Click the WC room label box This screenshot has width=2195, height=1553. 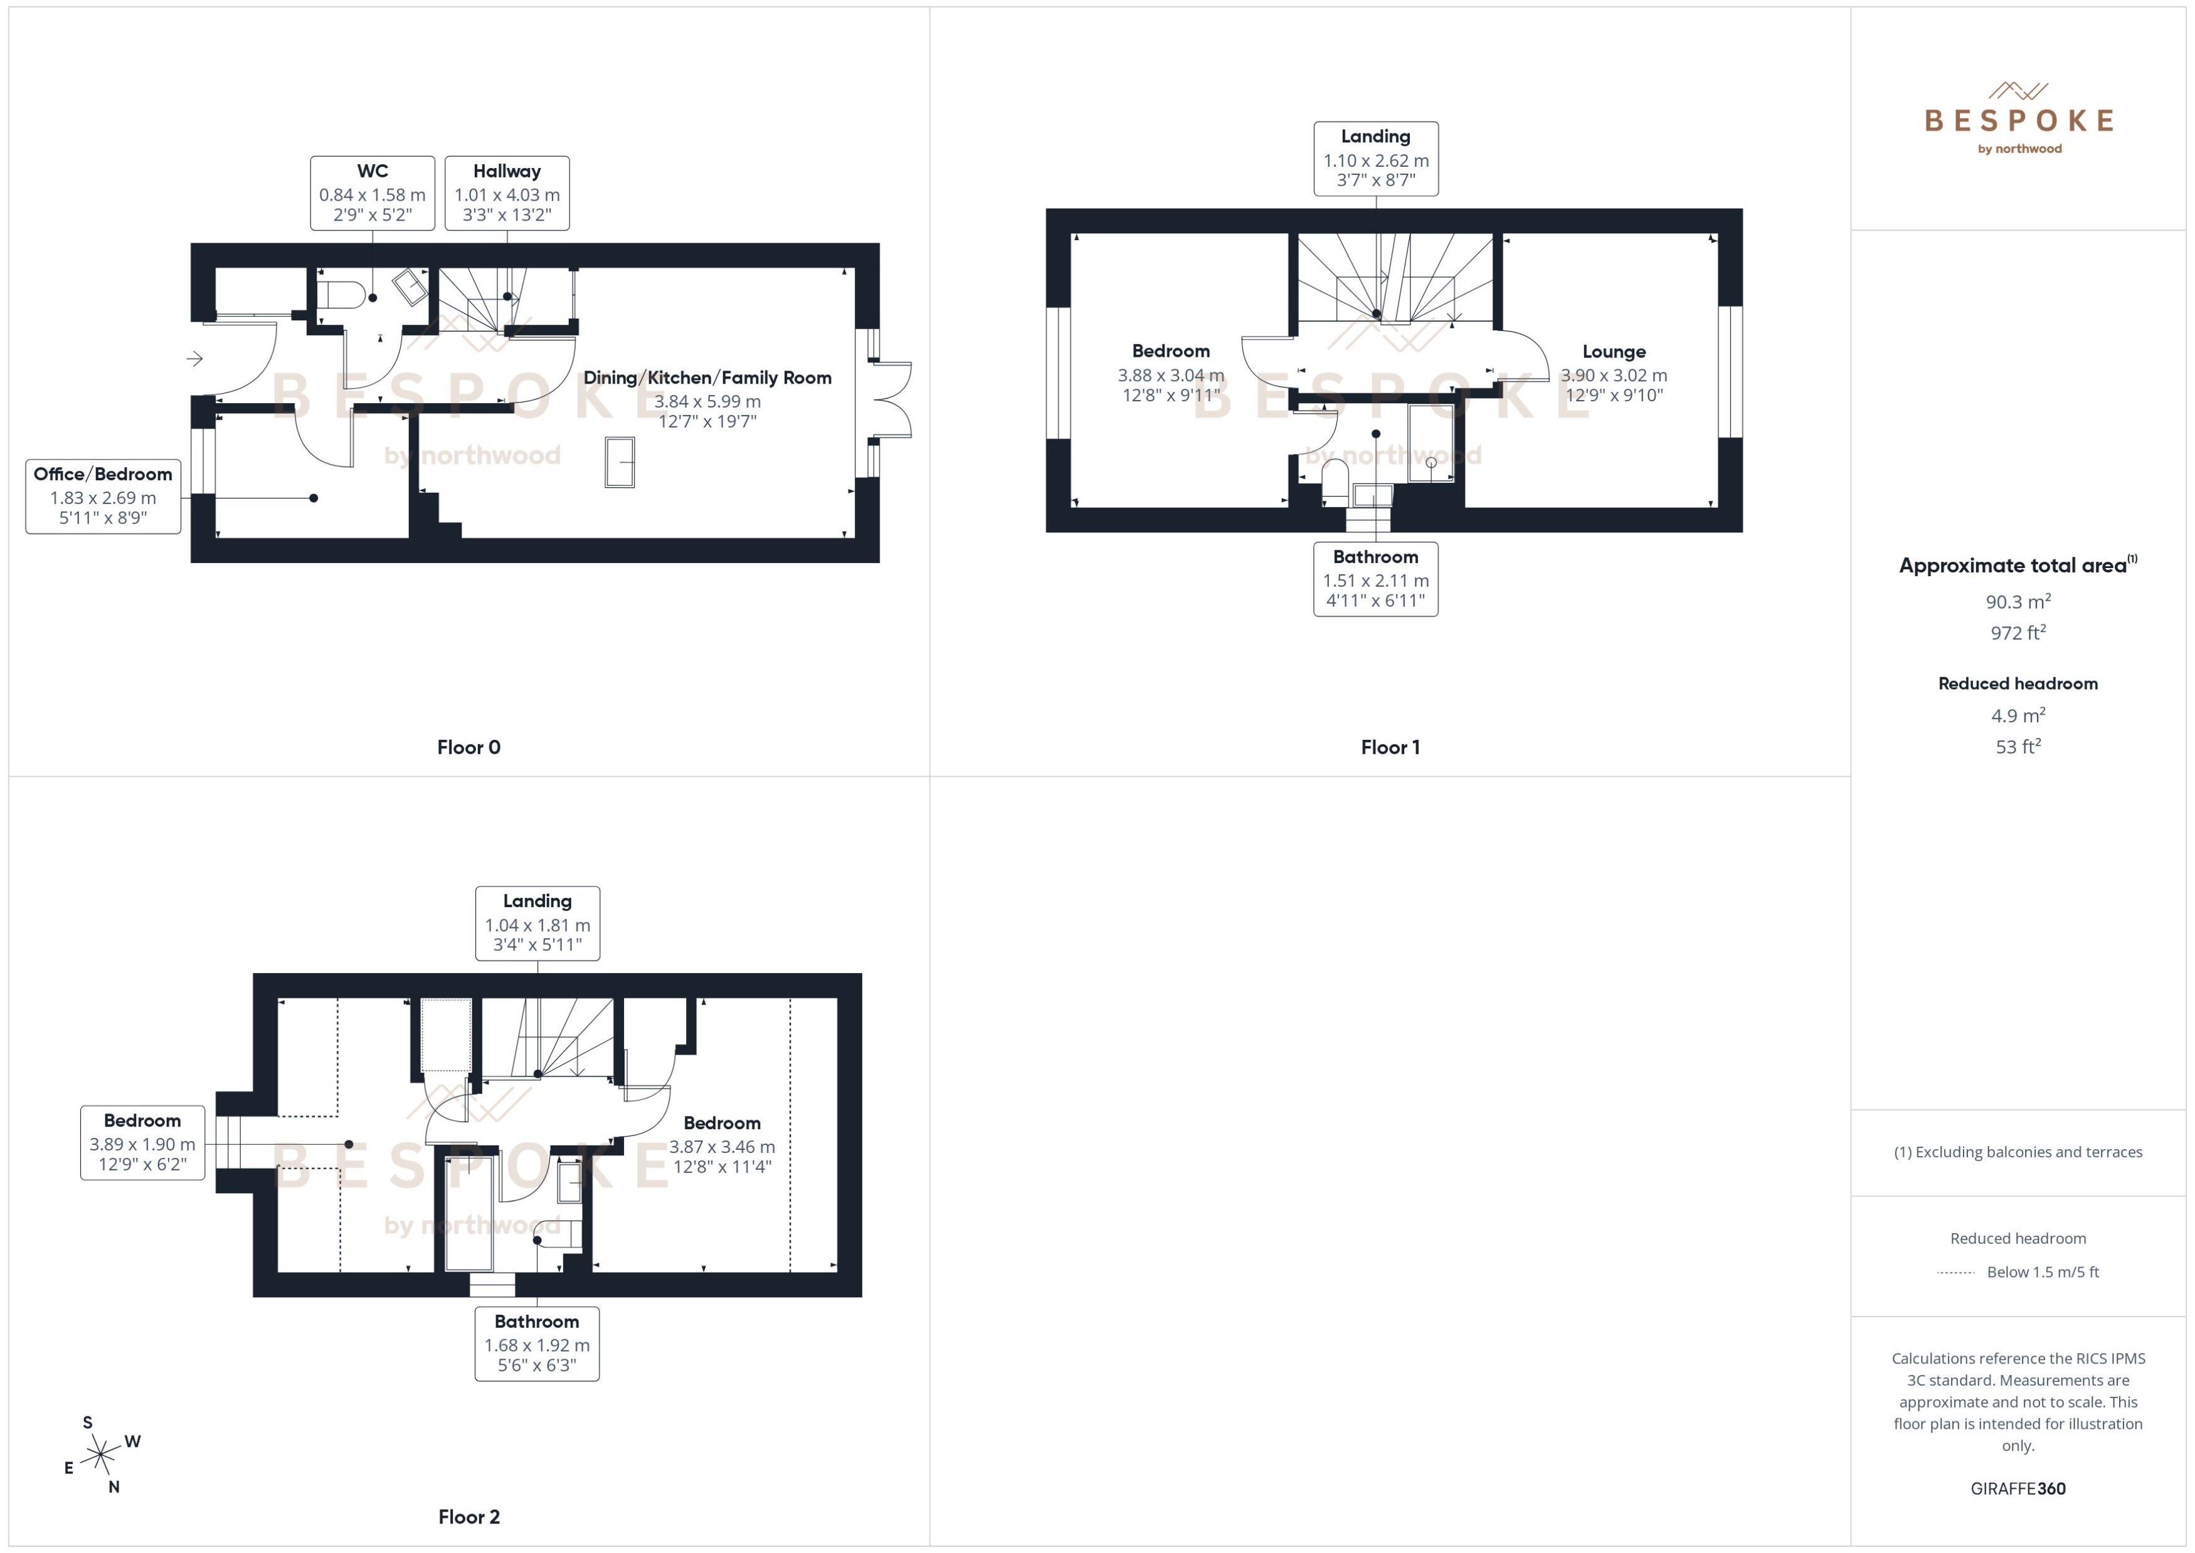click(x=372, y=193)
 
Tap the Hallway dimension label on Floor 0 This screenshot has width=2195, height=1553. click(x=507, y=193)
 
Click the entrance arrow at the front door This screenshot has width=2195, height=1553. click(x=195, y=359)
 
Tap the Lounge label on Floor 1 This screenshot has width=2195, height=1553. click(x=1614, y=352)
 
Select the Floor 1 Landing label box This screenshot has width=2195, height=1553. click(x=1375, y=159)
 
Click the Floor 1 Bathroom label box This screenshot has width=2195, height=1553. click(x=1375, y=579)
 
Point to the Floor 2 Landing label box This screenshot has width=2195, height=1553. click(x=537, y=923)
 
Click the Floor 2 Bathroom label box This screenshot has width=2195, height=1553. click(x=537, y=1344)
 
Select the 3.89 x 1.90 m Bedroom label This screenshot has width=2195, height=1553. click(x=142, y=1143)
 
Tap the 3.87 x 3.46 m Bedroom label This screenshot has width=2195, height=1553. click(x=722, y=1145)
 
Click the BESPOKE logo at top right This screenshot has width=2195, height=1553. click(x=2018, y=120)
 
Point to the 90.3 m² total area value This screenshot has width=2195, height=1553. click(x=2018, y=601)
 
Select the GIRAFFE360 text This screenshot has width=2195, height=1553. click(x=2018, y=1488)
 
